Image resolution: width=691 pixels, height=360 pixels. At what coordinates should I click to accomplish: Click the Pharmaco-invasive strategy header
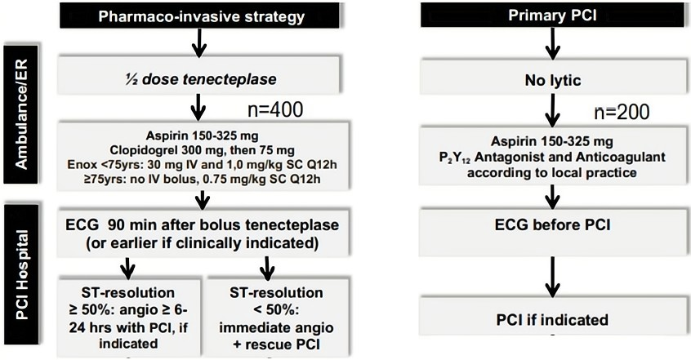199,16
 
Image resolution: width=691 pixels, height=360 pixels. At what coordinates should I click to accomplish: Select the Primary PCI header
552,15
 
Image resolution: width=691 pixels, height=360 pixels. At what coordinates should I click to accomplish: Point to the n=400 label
275,110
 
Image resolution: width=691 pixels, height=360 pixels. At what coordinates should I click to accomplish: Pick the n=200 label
622,113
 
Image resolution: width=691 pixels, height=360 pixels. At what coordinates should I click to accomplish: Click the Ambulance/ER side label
21,113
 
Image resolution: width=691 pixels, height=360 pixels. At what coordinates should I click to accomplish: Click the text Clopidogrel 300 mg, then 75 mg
203,150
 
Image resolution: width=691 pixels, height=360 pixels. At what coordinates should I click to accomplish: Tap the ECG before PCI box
553,233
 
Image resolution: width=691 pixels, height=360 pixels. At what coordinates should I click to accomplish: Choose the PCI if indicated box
553,317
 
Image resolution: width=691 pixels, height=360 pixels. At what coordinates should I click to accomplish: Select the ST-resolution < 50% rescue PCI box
276,317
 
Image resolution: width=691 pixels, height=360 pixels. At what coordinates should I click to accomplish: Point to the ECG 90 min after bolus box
203,233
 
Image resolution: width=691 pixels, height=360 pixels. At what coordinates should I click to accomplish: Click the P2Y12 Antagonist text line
553,157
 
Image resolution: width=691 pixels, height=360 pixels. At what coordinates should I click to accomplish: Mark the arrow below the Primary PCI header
553,43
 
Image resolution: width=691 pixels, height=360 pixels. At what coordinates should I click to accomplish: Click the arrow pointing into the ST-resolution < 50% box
267,269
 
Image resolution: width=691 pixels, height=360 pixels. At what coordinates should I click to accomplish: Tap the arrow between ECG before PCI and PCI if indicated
553,277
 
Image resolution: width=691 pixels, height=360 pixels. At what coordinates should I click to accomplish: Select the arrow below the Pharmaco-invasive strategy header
199,42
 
